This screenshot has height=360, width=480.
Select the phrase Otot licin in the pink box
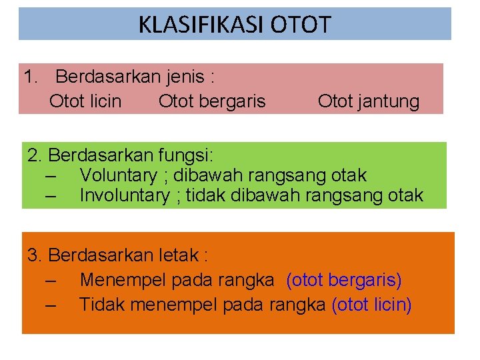[85, 101]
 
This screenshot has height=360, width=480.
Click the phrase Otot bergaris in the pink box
[212, 101]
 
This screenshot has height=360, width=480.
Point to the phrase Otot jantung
[369, 101]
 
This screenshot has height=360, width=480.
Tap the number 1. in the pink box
[31, 77]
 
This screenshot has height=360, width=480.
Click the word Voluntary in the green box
[117, 175]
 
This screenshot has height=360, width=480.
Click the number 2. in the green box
[35, 156]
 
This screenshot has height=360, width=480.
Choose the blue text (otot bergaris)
[343, 281]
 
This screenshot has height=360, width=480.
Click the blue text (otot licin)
[371, 305]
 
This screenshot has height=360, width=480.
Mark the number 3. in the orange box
[35, 255]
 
